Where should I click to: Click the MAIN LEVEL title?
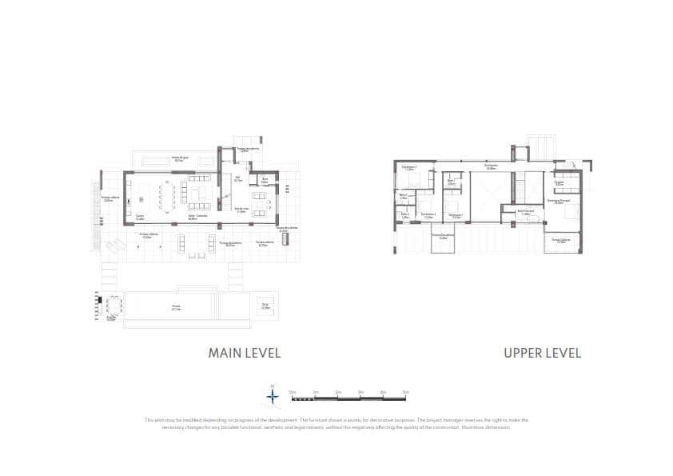(x=245, y=352)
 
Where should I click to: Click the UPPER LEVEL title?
(x=542, y=352)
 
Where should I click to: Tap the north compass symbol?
(x=273, y=394)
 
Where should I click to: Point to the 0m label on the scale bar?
(x=293, y=392)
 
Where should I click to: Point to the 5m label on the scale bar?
(x=405, y=392)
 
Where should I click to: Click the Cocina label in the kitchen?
(x=140, y=216)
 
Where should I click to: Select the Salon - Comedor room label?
(x=197, y=217)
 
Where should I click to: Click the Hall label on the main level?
(x=237, y=180)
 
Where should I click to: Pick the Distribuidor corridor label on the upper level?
(x=492, y=168)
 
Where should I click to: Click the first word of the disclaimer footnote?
(x=149, y=420)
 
